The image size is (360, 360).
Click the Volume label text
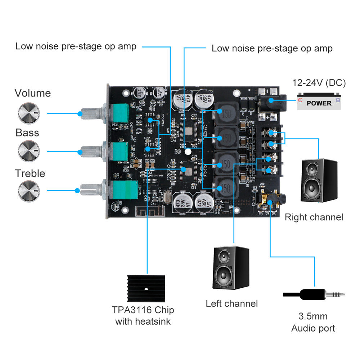[33, 93]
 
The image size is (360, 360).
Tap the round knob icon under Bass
[28, 149]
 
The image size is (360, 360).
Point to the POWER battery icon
[319, 103]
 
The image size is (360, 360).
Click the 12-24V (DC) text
[319, 83]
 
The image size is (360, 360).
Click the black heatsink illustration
[146, 289]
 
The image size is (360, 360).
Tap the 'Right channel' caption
[314, 217]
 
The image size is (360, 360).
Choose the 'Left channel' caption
[231, 303]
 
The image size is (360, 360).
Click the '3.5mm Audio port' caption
[313, 322]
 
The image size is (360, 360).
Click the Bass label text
[27, 132]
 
